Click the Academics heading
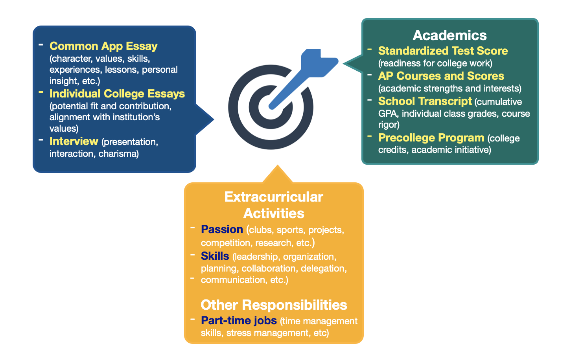click(449, 35)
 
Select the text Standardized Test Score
click(443, 51)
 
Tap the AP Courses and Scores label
click(441, 76)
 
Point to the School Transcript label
click(425, 101)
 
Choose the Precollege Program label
click(431, 138)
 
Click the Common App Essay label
click(103, 46)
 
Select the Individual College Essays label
click(117, 94)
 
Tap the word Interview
click(74, 141)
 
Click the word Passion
click(222, 230)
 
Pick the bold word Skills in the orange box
click(215, 256)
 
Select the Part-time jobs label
click(239, 321)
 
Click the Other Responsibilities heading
click(274, 305)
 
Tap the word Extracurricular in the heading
click(274, 197)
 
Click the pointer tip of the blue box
click(214, 119)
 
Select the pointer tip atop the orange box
click(278, 165)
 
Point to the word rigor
click(389, 125)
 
